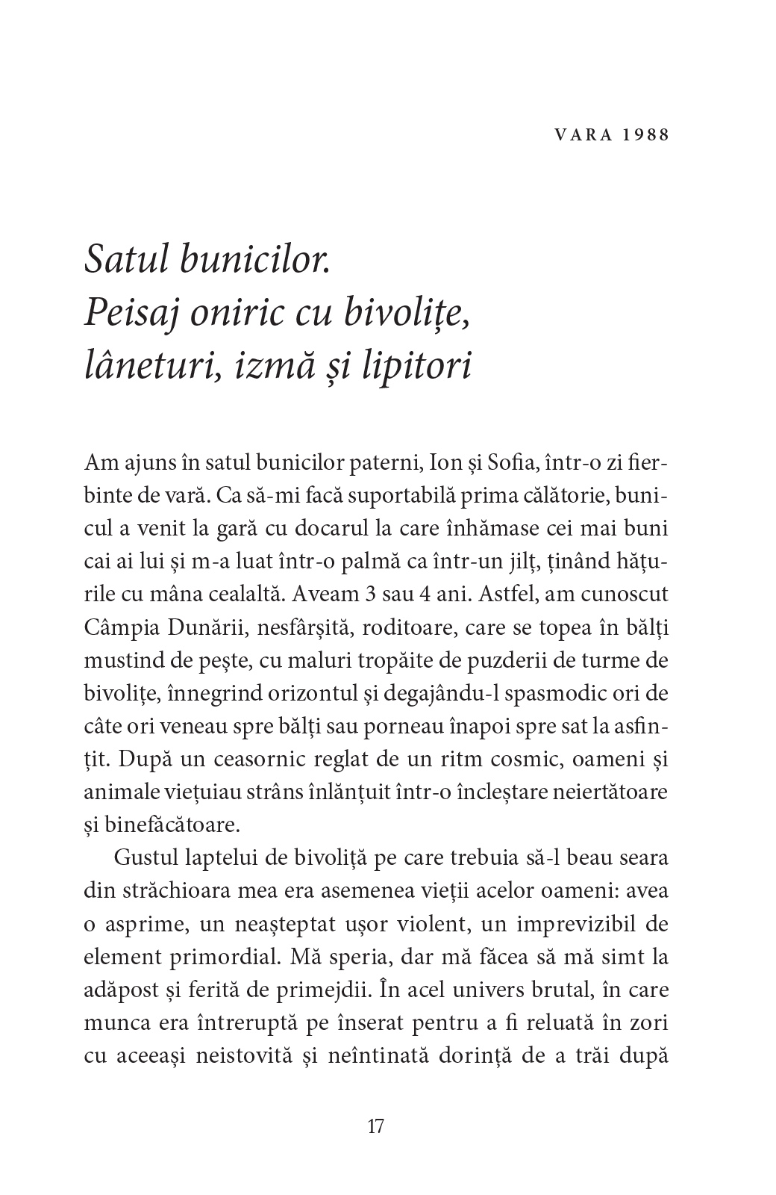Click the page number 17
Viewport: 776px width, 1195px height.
[376, 1126]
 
